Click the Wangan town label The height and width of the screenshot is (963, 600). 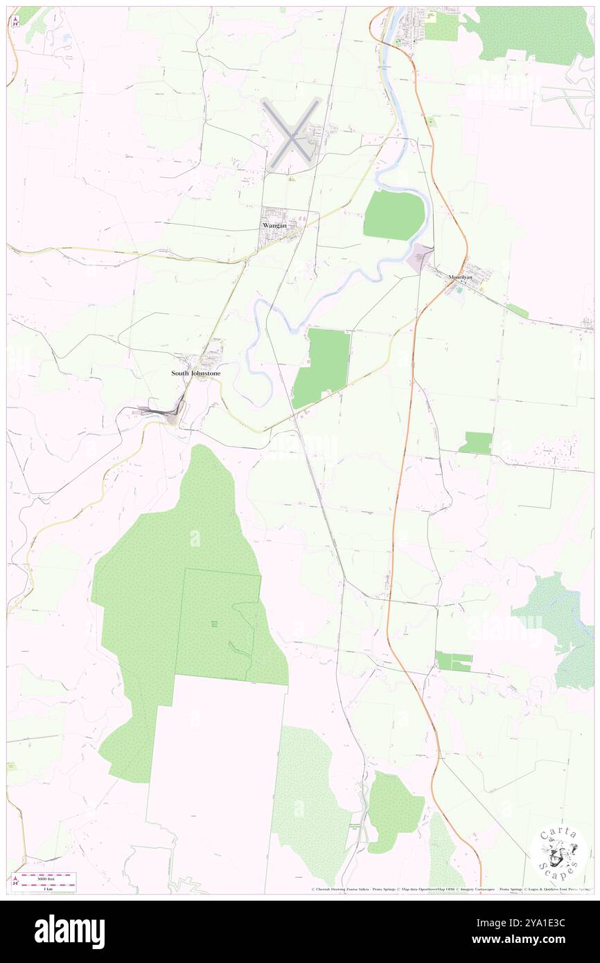pyautogui.click(x=274, y=225)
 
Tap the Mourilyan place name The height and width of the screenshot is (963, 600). pyautogui.click(x=460, y=277)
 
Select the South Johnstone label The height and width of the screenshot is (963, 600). pyautogui.click(x=196, y=373)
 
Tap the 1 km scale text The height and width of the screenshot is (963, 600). pyautogui.click(x=46, y=888)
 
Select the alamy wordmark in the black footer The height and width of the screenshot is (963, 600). pyautogui.click(x=69, y=932)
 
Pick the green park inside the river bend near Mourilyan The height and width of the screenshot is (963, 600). pyautogui.click(x=394, y=215)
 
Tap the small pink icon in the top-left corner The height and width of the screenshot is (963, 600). pyautogui.click(x=16, y=20)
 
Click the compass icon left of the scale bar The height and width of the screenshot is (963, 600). pyautogui.click(x=16, y=881)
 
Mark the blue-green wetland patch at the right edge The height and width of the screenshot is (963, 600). pyautogui.click(x=558, y=630)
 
